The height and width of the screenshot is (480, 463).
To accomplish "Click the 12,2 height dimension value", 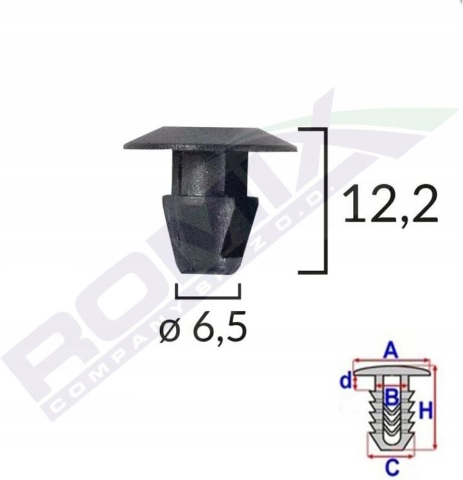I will pos(390,206).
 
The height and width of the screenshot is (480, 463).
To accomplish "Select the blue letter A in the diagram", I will pos(392,350).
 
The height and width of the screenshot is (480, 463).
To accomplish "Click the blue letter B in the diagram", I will pos(392,397).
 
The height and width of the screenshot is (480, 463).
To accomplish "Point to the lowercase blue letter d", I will pos(345,381).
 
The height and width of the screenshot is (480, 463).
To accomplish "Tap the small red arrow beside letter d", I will pos(356,382).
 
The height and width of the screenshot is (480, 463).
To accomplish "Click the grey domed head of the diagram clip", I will pos(393,370).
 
